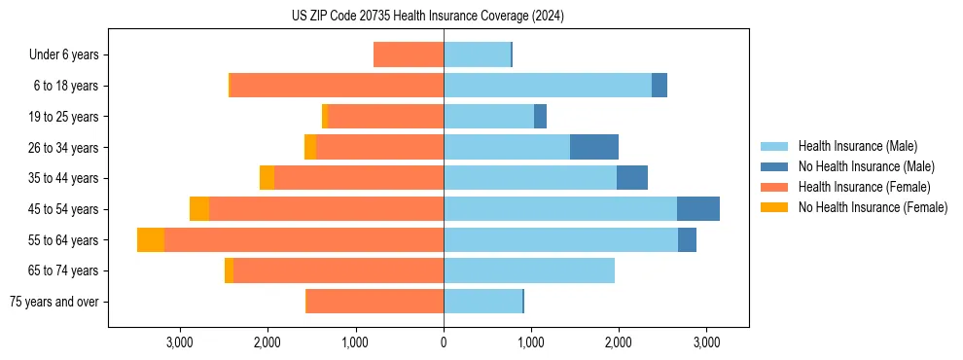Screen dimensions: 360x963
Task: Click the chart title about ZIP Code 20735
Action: [x=428, y=17]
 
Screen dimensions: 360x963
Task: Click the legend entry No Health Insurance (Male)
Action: [x=866, y=166]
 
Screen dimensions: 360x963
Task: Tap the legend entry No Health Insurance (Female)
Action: [x=873, y=207]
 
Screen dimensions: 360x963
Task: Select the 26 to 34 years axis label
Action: [x=64, y=147]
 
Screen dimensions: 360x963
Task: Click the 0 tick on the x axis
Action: [x=444, y=342]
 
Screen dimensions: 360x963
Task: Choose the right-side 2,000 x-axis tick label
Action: [x=619, y=342]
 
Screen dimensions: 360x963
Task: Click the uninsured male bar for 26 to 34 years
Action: [x=594, y=147]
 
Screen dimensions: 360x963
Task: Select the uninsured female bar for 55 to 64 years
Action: [x=151, y=239]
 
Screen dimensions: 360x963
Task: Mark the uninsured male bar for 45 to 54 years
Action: [x=698, y=209]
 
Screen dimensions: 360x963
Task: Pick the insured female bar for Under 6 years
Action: [x=409, y=54]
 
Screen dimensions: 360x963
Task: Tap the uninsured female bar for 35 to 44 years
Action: [x=267, y=178]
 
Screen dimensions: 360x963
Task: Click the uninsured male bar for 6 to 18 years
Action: [x=660, y=86]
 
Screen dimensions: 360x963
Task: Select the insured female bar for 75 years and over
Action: [x=374, y=302]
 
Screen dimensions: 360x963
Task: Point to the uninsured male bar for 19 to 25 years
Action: [x=540, y=117]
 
